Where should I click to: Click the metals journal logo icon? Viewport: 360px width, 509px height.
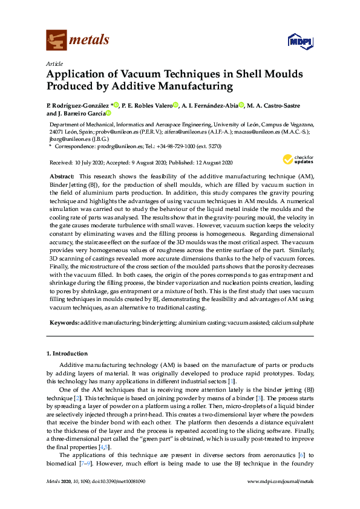click(x=56, y=40)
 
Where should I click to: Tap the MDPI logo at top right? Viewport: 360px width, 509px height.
click(x=299, y=41)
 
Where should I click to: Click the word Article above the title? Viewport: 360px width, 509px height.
click(x=54, y=63)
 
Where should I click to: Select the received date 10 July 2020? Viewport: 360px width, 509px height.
click(x=88, y=163)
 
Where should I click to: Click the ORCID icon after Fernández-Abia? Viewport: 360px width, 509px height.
click(x=241, y=105)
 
